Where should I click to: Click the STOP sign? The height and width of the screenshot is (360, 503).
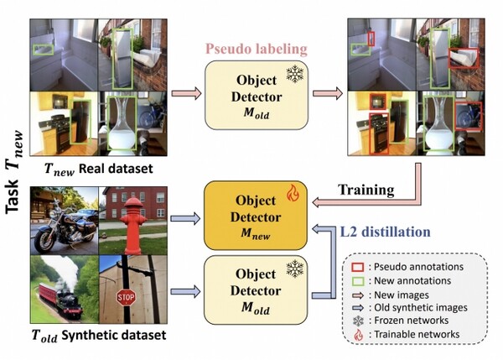[127, 297]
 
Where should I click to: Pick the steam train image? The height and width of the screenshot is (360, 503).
[62, 290]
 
